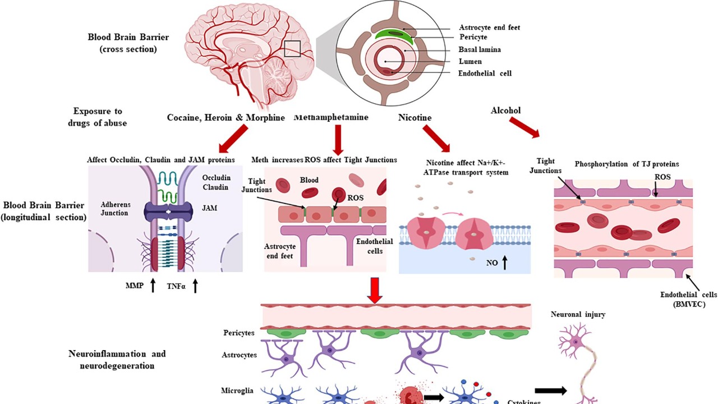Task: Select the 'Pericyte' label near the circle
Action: [473, 37]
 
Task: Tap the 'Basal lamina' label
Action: [480, 49]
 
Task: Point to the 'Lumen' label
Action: [470, 61]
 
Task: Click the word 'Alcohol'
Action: [505, 111]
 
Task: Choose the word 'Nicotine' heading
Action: [415, 118]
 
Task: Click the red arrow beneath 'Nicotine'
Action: [436, 138]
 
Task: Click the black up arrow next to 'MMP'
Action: [154, 286]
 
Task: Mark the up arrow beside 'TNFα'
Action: [195, 286]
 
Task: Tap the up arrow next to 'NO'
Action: [504, 262]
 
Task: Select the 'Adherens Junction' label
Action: [114, 209]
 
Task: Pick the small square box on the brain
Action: [292, 49]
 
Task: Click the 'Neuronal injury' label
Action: [578, 315]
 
